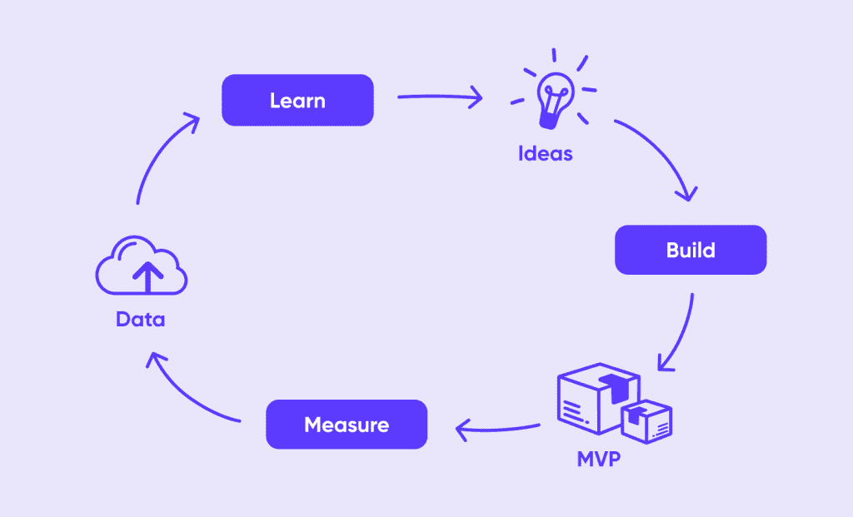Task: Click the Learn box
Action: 297,101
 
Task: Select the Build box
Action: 690,250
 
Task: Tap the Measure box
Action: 346,425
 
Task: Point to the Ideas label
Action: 546,154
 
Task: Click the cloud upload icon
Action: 142,266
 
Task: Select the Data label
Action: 140,320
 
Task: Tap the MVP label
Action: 599,459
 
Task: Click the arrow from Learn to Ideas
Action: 440,98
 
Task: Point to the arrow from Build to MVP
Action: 681,333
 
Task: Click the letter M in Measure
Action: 313,425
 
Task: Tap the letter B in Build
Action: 672,250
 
